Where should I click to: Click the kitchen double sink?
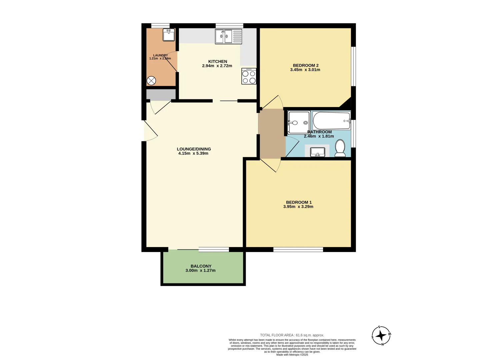tap(228, 37)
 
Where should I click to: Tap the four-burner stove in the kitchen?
tap(249, 76)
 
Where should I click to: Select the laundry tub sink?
tap(169, 35)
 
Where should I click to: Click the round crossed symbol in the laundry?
tap(151, 81)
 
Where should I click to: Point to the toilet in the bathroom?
tap(340, 148)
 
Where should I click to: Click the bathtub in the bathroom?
tap(331, 121)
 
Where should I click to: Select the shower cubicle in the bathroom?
tap(299, 123)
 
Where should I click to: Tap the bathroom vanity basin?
tap(317, 152)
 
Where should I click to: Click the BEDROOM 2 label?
tap(306, 65)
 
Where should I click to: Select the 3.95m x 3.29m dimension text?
tap(298, 207)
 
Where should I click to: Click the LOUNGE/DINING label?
tap(194, 149)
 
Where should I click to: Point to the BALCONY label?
tap(201, 266)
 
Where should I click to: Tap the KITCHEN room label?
tap(218, 61)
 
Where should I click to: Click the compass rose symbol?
tap(381, 335)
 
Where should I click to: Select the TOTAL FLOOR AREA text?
tap(292, 335)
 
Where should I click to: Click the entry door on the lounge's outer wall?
tap(150, 130)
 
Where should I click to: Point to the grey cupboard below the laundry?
tap(161, 94)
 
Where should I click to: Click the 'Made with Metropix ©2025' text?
tap(292, 355)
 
